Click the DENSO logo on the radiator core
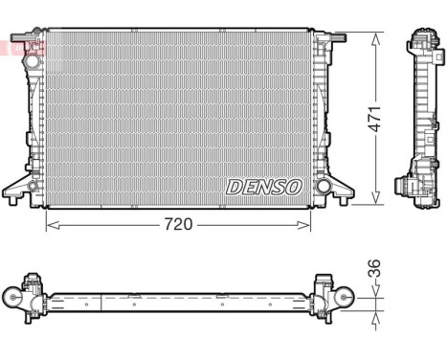[263, 186]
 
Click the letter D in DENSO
[234, 186]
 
